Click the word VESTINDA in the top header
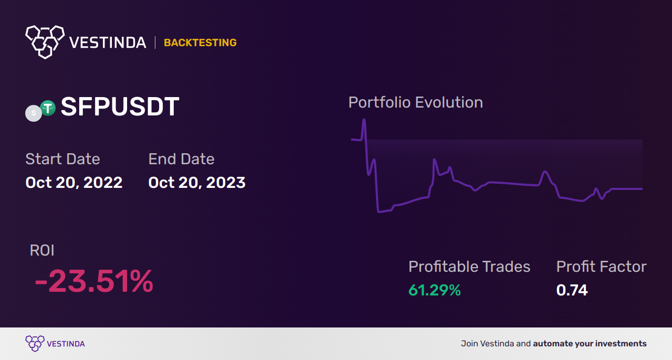(x=108, y=43)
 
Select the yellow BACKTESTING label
(x=200, y=43)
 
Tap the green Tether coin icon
(x=48, y=108)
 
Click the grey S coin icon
(x=34, y=113)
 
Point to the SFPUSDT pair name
(x=120, y=107)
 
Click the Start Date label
(x=62, y=159)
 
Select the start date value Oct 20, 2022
(x=74, y=183)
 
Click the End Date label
(x=182, y=159)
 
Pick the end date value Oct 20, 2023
(x=197, y=183)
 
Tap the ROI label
(x=42, y=250)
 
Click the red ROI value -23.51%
(x=94, y=281)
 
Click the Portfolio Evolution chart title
(x=416, y=102)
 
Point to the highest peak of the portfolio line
(x=364, y=120)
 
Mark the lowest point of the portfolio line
(x=379, y=212)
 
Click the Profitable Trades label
(x=469, y=267)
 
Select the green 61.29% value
(x=435, y=290)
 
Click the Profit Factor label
(x=602, y=267)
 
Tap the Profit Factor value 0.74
(x=572, y=290)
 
